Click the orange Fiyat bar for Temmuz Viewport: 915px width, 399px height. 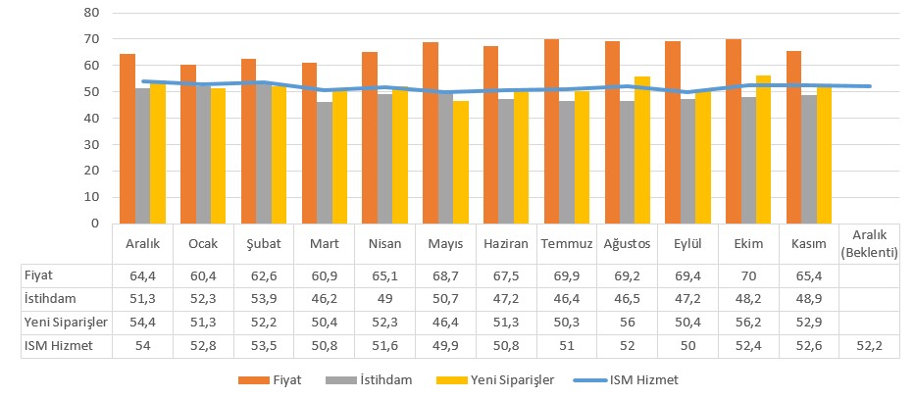click(x=551, y=131)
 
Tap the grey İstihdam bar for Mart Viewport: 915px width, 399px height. click(x=325, y=163)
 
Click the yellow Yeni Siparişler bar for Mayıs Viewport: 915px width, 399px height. click(x=460, y=162)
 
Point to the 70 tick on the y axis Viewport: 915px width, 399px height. click(x=93, y=39)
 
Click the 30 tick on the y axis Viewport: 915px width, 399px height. click(x=93, y=144)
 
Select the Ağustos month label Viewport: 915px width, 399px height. click(x=628, y=242)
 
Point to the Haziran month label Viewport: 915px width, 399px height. click(x=506, y=242)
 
